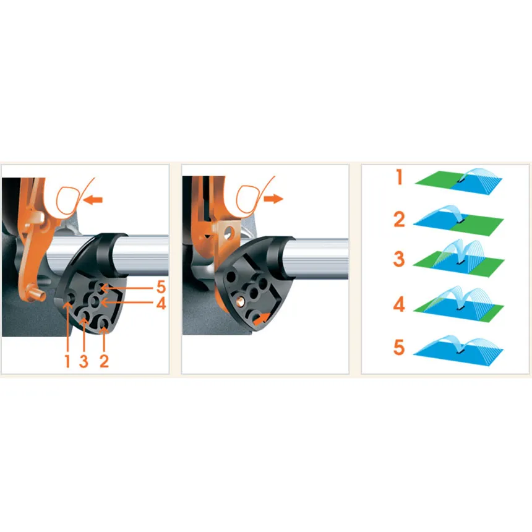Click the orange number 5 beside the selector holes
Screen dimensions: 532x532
point(161,287)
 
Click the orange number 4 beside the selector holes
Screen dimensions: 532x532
point(161,303)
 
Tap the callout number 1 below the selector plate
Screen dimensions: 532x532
point(67,361)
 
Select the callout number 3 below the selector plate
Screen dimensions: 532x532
point(84,361)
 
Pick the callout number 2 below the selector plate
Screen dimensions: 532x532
point(104,361)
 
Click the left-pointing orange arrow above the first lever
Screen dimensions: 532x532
point(93,200)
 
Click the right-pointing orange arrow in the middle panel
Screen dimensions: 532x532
point(273,199)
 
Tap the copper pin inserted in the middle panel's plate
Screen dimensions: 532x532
point(240,301)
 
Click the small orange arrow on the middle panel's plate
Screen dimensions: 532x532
point(262,318)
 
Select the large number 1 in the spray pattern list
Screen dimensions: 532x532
point(400,177)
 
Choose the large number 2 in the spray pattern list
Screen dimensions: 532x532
point(400,219)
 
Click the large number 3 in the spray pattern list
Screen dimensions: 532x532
point(399,259)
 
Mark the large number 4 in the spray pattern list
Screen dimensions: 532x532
point(399,304)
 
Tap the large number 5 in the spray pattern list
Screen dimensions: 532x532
point(400,347)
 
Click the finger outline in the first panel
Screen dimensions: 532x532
point(74,197)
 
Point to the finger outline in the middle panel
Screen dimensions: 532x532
point(254,195)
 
